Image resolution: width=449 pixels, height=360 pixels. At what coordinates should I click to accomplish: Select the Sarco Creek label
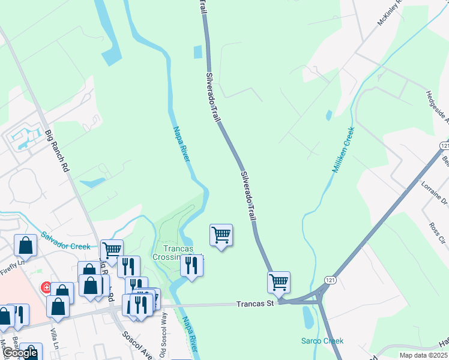pyautogui.click(x=322, y=341)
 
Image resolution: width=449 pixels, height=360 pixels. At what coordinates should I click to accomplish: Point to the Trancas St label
pyautogui.click(x=255, y=304)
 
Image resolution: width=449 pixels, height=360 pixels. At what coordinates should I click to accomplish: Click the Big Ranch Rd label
pyautogui.click(x=58, y=152)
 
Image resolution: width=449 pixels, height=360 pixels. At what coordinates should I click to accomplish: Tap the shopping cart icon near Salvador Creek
pyautogui.click(x=112, y=250)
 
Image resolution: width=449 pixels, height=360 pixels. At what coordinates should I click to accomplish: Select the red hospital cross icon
pyautogui.click(x=45, y=288)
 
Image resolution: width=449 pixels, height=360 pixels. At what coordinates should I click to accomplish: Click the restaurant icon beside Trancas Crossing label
pyautogui.click(x=191, y=265)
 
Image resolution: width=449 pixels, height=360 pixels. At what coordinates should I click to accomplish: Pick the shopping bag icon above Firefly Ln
pyautogui.click(x=26, y=245)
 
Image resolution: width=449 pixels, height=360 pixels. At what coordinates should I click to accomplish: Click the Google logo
pyautogui.click(x=20, y=353)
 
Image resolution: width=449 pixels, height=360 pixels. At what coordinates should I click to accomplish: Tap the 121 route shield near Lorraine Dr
pyautogui.click(x=444, y=146)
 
